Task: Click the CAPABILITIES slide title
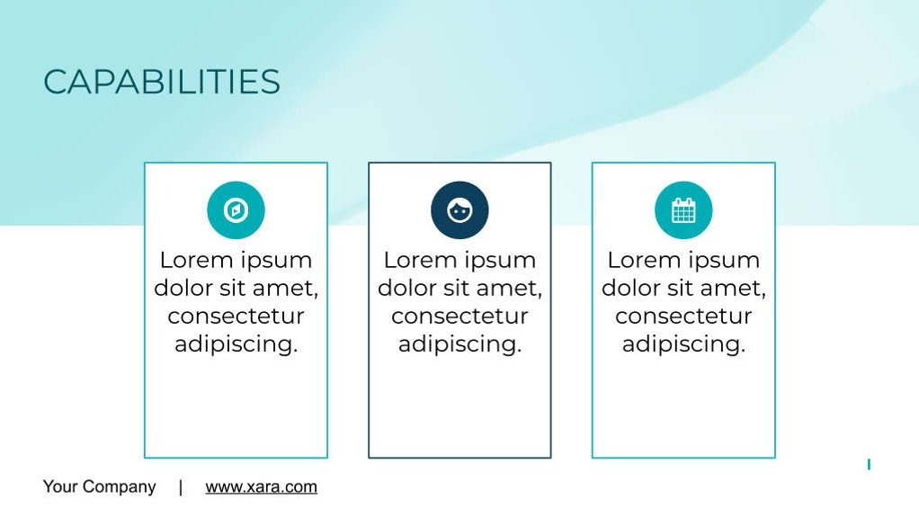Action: click(x=162, y=82)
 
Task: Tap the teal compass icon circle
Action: click(x=236, y=209)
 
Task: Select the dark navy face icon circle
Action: click(x=459, y=209)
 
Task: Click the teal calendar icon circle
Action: click(x=683, y=209)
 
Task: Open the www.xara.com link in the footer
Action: click(x=262, y=486)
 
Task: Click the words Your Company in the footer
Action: click(x=99, y=486)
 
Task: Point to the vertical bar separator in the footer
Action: click(x=181, y=487)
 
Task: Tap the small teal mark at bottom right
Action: click(x=869, y=464)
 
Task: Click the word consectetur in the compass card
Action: click(x=236, y=316)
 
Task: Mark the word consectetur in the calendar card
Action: click(x=683, y=316)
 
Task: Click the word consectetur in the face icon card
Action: click(x=459, y=316)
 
